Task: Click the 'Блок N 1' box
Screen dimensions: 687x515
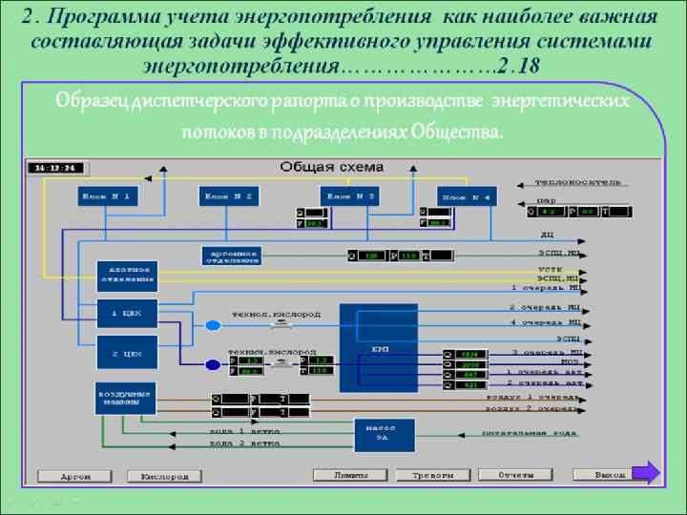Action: click(x=108, y=196)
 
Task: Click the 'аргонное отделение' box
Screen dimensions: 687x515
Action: click(x=231, y=256)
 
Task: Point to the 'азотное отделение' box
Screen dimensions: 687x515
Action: click(x=127, y=275)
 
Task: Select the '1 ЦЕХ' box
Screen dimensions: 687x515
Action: click(x=127, y=313)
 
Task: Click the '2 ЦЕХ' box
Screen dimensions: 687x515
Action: click(x=127, y=353)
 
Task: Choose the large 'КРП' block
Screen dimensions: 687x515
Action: click(x=379, y=348)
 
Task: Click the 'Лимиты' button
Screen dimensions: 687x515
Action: click(x=349, y=474)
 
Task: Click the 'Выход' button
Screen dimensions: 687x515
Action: click(x=612, y=474)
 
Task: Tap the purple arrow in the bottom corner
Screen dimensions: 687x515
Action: click(x=646, y=472)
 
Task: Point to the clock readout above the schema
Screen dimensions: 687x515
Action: click(x=57, y=168)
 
